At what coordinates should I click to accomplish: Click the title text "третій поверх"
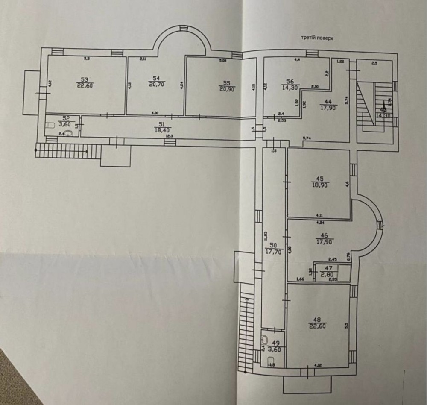[x=316, y=38]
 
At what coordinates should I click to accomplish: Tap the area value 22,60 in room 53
[x=85, y=85]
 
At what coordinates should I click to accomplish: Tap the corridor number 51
[x=161, y=124]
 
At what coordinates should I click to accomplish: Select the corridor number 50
[x=274, y=245]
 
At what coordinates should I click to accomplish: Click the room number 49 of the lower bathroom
[x=276, y=343]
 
